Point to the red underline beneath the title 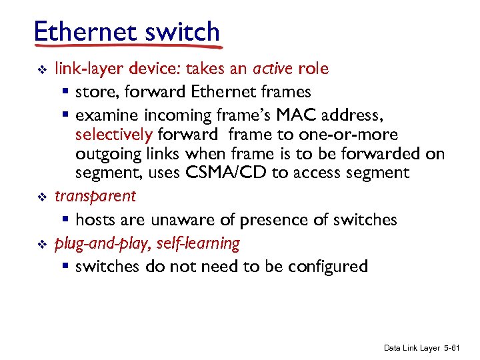coord(127,47)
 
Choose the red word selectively coord(114,134)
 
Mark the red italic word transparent coord(95,196)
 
